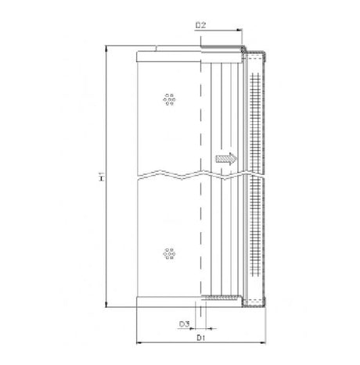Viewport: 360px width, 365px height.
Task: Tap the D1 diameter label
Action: point(200,338)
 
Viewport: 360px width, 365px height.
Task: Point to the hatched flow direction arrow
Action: point(225,159)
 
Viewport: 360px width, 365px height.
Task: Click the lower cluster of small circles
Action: point(168,253)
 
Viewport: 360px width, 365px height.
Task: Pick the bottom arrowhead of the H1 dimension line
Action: point(106,307)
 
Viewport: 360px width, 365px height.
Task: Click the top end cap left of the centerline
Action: point(168,55)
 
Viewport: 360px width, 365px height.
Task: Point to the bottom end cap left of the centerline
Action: point(168,303)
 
